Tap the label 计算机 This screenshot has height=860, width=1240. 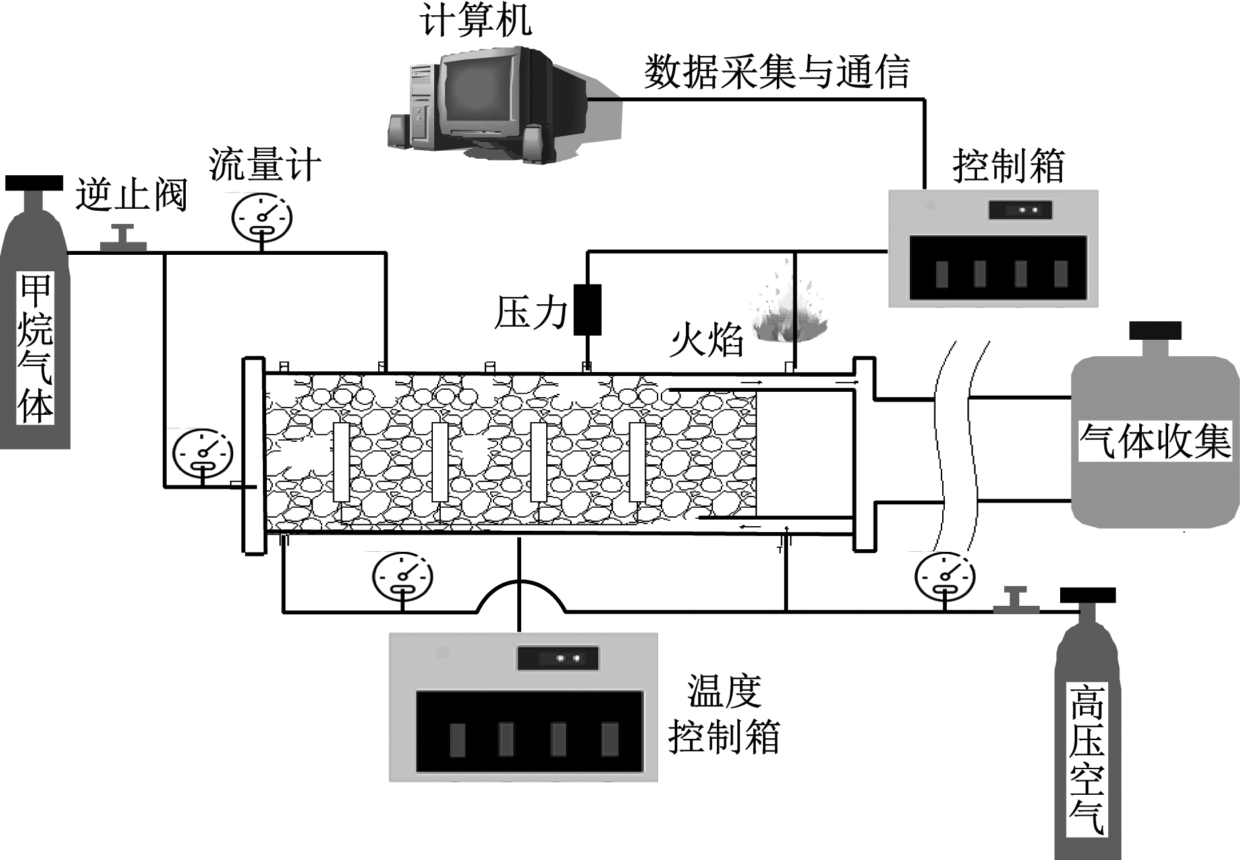(476, 20)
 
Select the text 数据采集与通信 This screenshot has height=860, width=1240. (776, 72)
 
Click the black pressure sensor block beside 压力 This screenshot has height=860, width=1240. (587, 309)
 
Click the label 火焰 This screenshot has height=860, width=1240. (706, 341)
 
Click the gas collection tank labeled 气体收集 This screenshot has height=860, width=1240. (1154, 441)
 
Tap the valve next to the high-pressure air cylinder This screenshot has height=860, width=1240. (1015, 601)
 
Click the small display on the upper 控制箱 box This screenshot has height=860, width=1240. (1020, 210)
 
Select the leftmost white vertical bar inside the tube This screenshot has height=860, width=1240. (341, 462)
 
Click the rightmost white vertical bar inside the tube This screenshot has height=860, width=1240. (637, 462)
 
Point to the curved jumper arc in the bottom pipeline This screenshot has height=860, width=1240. (521, 593)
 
